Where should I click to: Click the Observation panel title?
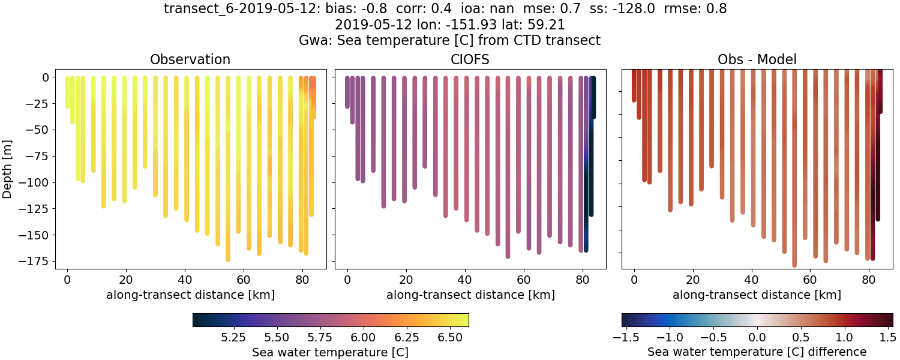click(190, 59)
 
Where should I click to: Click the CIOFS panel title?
click(470, 59)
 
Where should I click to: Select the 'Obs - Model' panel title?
click(757, 59)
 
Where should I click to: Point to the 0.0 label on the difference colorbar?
click(757, 338)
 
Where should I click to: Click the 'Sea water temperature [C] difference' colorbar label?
click(757, 352)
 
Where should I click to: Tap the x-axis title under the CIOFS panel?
click(470, 295)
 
